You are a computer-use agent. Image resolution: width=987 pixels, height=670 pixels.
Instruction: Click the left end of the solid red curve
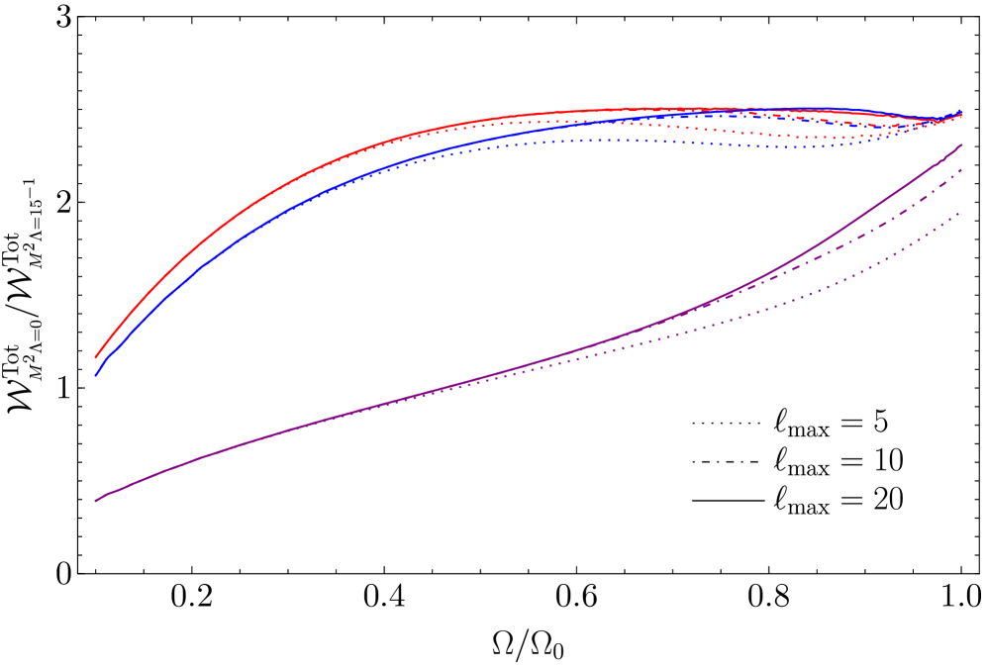pyautogui.click(x=95, y=357)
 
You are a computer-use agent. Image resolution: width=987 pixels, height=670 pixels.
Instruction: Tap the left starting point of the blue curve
pyautogui.click(x=95, y=376)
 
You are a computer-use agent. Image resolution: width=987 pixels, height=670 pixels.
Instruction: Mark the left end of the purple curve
pyautogui.click(x=95, y=501)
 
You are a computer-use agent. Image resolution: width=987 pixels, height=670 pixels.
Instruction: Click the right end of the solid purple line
pyautogui.click(x=961, y=145)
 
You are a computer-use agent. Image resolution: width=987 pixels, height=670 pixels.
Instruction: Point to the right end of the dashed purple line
pyautogui.click(x=961, y=170)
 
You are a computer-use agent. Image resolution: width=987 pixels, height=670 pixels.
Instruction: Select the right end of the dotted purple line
pyautogui.click(x=961, y=212)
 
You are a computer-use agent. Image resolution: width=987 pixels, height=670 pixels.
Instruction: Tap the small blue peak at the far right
pyautogui.click(x=959, y=110)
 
